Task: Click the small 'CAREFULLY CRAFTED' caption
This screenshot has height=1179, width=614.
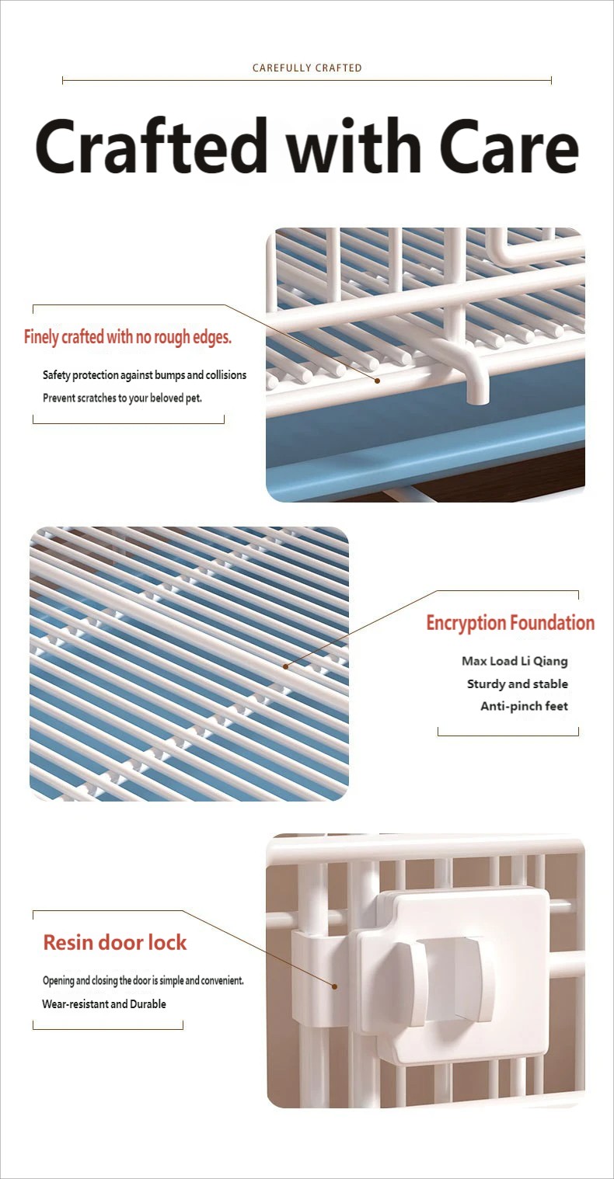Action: [307, 68]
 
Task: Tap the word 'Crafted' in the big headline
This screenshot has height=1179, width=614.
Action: [151, 146]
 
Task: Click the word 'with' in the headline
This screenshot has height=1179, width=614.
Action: [354, 145]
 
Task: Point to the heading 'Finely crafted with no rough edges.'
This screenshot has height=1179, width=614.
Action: [128, 337]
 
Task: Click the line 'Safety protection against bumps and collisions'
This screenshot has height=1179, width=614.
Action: [145, 375]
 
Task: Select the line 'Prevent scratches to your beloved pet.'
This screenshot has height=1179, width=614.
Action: [122, 398]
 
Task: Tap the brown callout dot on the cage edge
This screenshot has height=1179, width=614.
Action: [377, 381]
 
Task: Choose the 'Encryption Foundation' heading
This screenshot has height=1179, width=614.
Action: [511, 623]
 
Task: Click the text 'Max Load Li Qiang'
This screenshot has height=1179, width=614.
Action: [515, 661]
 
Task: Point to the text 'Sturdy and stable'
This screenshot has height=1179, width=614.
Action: [517, 683]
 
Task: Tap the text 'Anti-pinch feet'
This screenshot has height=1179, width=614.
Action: [524, 706]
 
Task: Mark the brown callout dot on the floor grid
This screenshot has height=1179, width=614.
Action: [285, 666]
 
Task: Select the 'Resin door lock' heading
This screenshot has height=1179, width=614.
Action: [115, 943]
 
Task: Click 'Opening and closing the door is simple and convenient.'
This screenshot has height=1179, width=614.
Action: [143, 981]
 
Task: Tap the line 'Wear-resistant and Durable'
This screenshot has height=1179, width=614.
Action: [104, 1003]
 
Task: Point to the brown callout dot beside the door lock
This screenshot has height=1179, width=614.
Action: [334, 986]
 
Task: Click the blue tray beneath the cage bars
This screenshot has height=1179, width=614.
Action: [425, 447]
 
